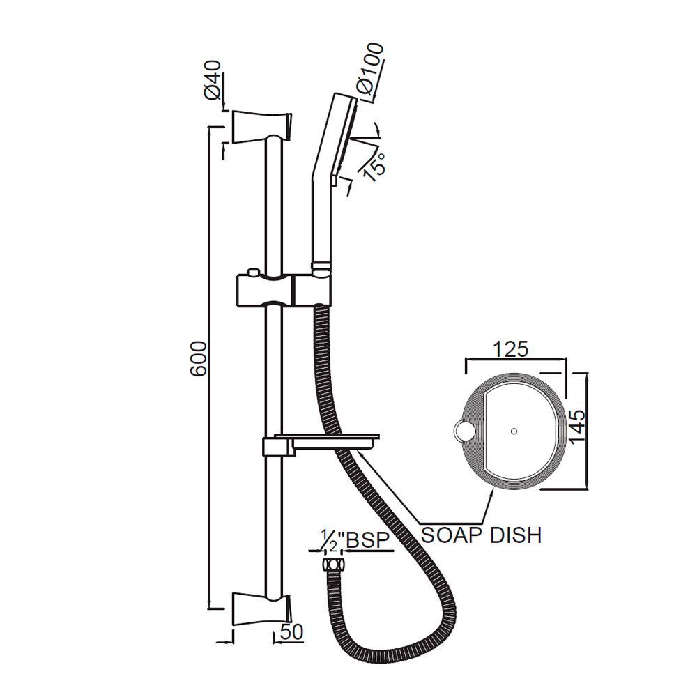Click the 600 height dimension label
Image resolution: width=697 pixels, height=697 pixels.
(x=198, y=359)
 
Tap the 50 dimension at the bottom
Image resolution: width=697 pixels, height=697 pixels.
(x=293, y=632)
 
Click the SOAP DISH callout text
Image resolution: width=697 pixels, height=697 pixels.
(x=482, y=535)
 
